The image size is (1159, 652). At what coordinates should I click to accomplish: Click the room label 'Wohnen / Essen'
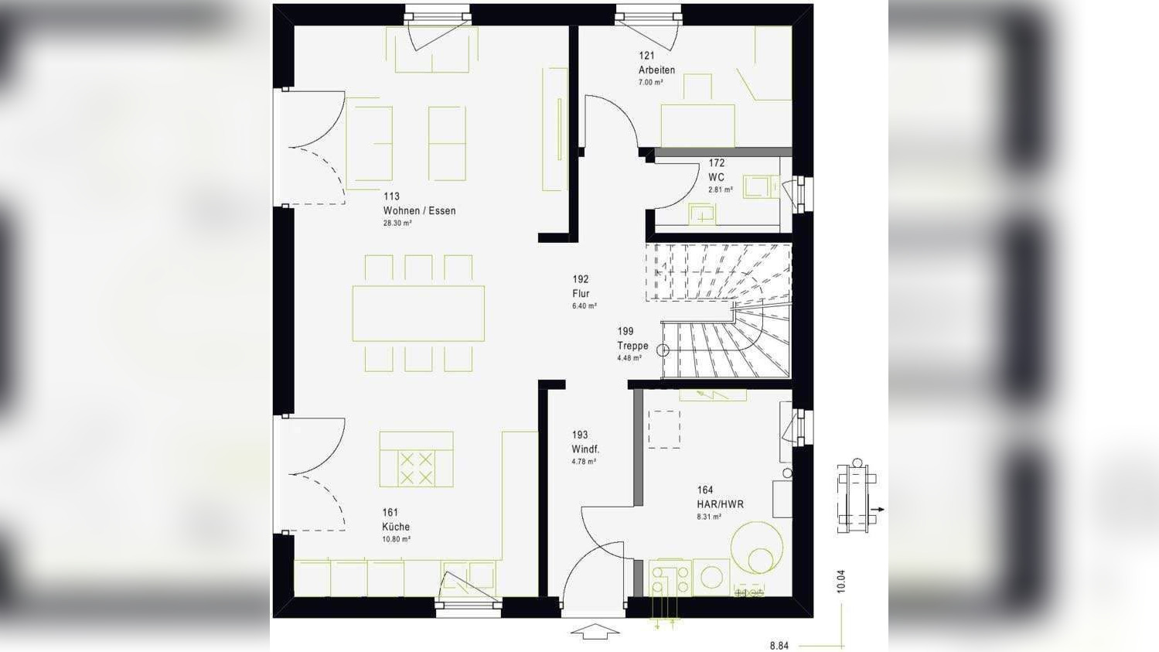coord(419,210)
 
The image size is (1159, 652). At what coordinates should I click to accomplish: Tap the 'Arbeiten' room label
coord(656,70)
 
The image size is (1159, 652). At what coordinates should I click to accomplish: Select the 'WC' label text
coord(716,177)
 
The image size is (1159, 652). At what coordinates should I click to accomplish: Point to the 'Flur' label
coord(581,293)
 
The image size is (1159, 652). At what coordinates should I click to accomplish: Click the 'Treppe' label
coord(632,346)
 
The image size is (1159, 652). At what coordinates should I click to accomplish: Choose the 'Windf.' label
coord(585,449)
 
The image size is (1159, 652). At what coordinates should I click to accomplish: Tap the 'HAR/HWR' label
coord(720,504)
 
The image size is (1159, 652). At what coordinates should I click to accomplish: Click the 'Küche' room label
coord(396,527)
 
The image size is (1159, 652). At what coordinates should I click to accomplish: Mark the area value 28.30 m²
coord(397,224)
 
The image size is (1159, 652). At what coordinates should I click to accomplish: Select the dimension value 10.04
coord(841,582)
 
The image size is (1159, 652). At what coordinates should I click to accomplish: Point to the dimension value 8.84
coord(779,645)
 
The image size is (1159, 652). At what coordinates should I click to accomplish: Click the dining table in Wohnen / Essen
coord(418,313)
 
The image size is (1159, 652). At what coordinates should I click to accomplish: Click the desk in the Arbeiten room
coord(697,125)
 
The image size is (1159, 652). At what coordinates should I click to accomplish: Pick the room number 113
coord(391,196)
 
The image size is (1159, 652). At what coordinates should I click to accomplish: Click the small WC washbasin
coord(703,213)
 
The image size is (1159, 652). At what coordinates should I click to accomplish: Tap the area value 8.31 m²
coord(709,517)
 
